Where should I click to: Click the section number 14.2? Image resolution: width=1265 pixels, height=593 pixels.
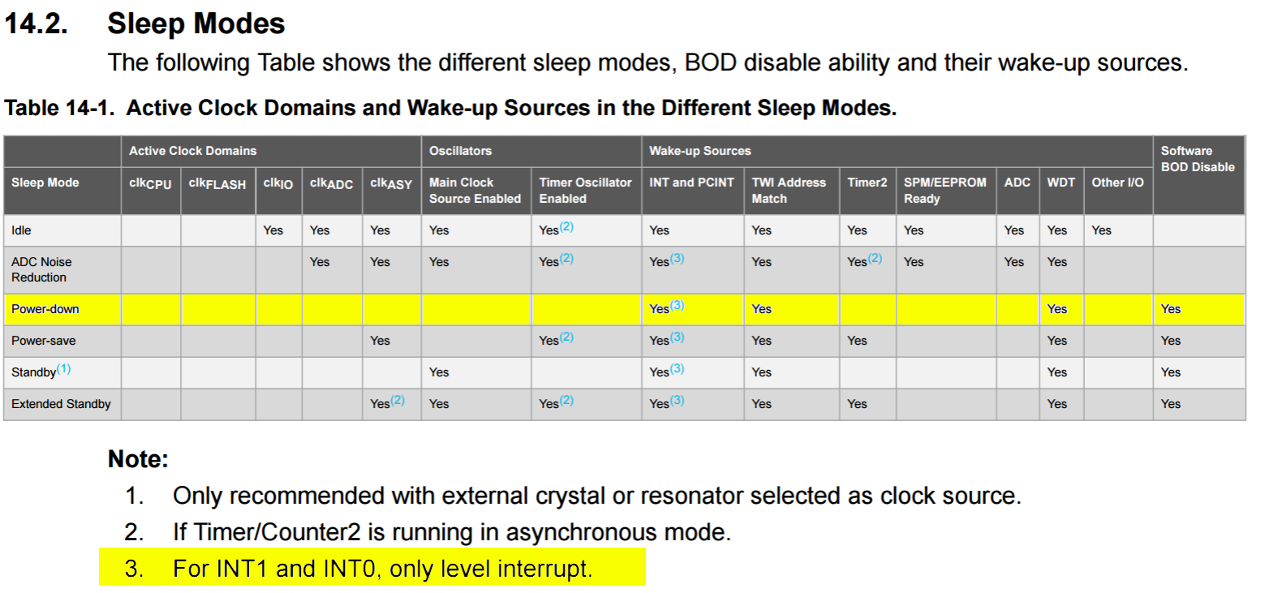[x=37, y=24]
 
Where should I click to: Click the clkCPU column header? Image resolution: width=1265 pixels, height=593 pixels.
[x=150, y=183]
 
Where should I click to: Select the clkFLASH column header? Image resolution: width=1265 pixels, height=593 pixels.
[x=217, y=183]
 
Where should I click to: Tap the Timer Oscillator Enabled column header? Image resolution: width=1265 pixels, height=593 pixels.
[x=585, y=191]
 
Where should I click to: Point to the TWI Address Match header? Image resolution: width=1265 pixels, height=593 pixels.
[x=789, y=191]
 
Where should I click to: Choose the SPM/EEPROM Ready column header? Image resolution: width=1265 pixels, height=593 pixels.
[x=944, y=191]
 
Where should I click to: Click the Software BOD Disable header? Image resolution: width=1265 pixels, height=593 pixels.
[x=1197, y=159]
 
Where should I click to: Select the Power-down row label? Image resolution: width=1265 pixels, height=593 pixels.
[x=45, y=309]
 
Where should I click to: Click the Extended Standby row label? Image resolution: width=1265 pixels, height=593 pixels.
[x=61, y=404]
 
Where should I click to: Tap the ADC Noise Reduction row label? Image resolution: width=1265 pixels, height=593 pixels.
[x=41, y=269]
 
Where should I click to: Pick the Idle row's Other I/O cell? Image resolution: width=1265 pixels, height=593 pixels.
[x=1101, y=230]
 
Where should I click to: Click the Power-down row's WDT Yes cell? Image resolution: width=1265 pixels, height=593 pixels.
[x=1057, y=309]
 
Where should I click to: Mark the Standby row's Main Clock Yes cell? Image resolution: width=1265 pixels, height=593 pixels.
[x=439, y=372]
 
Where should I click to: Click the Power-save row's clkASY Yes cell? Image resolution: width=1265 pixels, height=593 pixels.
[x=380, y=341]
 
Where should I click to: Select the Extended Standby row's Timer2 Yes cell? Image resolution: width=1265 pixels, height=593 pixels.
[x=858, y=404]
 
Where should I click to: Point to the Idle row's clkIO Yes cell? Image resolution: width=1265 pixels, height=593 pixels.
[x=273, y=230]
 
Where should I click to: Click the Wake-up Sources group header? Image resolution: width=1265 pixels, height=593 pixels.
[x=699, y=151]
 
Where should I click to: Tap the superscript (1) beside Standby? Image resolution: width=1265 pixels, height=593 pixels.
[x=64, y=369]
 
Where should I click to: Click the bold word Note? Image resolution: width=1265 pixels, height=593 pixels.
[x=139, y=458]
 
